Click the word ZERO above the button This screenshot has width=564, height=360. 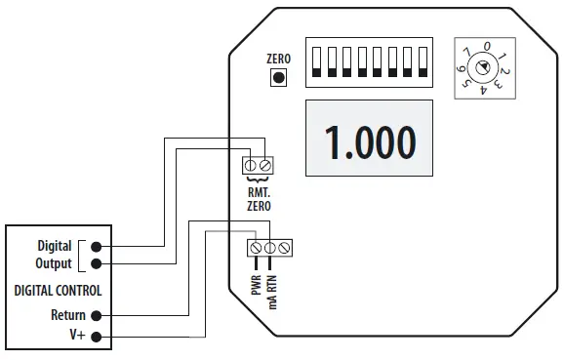[278, 59]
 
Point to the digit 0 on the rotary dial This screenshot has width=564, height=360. [485, 45]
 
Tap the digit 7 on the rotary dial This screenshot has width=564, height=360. [466, 49]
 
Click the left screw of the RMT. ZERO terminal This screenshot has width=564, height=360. [251, 165]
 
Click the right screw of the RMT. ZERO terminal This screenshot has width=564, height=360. [263, 165]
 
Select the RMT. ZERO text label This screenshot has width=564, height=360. [259, 200]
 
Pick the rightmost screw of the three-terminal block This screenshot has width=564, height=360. [284, 248]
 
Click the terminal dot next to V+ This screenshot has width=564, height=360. [96, 338]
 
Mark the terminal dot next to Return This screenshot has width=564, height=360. [96, 316]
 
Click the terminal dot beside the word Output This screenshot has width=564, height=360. [96, 263]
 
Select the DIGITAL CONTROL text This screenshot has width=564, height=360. [58, 291]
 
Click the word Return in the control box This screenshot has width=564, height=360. [68, 316]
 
